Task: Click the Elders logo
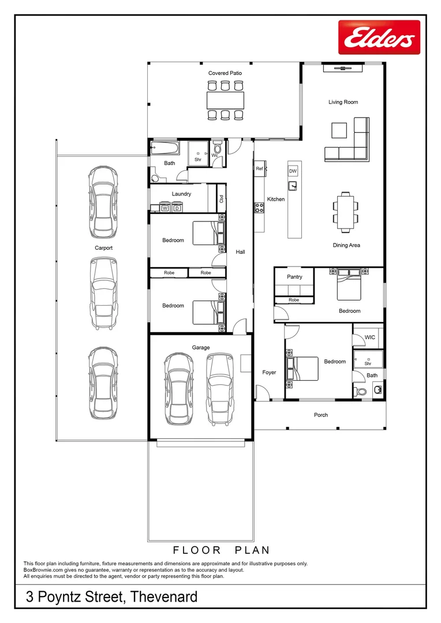[379, 37]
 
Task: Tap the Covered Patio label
[225, 73]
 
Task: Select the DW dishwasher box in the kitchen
[293, 171]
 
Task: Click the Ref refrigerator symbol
[260, 168]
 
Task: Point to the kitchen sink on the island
[293, 186]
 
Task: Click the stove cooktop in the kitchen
[259, 208]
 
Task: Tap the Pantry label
[294, 277]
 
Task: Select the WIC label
[370, 337]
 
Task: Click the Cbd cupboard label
[222, 198]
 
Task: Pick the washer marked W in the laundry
[165, 208]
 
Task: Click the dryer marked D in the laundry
[177, 208]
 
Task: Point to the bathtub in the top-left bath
[165, 149]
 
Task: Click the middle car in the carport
[104, 293]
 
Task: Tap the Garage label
[201, 348]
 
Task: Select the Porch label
[321, 415]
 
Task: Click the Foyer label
[269, 372]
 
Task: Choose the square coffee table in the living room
[339, 130]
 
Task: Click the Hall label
[240, 252]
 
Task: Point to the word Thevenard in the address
[164, 597]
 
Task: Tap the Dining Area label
[346, 246]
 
